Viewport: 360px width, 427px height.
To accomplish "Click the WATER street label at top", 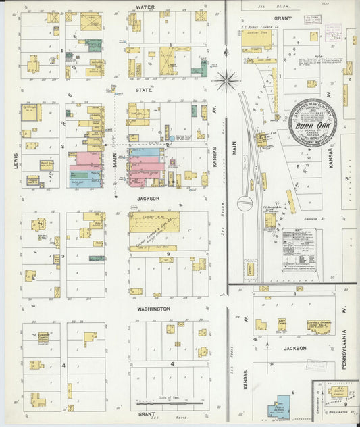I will [145, 7].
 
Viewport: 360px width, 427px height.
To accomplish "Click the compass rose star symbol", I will [226, 80].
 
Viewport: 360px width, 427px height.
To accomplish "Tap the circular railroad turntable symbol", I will [245, 202].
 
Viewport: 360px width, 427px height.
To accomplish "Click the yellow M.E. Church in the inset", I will [337, 391].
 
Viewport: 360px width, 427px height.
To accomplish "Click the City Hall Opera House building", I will [319, 326].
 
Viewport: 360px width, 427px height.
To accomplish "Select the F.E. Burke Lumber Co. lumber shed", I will [257, 39].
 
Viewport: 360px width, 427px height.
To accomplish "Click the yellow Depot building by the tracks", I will [250, 268].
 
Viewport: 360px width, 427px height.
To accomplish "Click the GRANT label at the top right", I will [282, 18].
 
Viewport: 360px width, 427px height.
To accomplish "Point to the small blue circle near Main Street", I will [172, 138].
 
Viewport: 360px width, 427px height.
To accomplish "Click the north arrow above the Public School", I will [267, 346].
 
